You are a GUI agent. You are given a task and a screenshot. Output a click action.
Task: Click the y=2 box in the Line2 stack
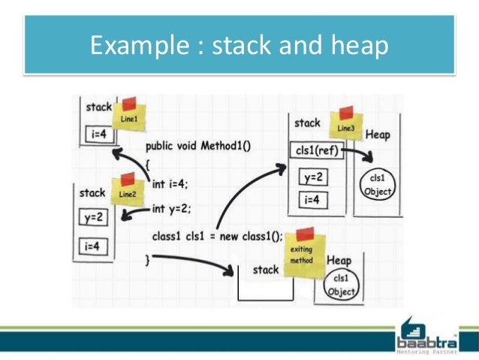[94, 217]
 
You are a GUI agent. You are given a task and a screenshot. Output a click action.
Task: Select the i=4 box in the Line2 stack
[94, 245]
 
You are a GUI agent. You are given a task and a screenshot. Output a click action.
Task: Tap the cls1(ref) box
[316, 151]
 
